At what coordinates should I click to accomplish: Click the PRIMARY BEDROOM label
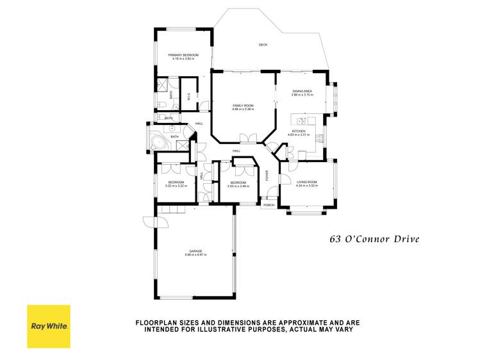pyautogui.click(x=183, y=56)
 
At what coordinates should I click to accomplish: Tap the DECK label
pyautogui.click(x=263, y=45)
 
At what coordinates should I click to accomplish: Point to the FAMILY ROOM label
pyautogui.click(x=243, y=105)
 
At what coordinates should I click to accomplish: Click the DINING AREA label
pyautogui.click(x=302, y=92)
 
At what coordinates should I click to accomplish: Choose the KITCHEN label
pyautogui.click(x=299, y=131)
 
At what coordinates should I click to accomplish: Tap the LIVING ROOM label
pyautogui.click(x=307, y=181)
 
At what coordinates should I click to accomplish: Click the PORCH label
pyautogui.click(x=269, y=205)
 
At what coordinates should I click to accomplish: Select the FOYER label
pyautogui.click(x=268, y=174)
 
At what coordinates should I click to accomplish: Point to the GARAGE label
pyautogui.click(x=195, y=250)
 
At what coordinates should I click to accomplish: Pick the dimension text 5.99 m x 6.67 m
pyautogui.click(x=195, y=255)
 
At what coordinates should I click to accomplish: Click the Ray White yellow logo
pyautogui.click(x=49, y=326)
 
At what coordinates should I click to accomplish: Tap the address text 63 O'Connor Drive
pyautogui.click(x=374, y=240)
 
